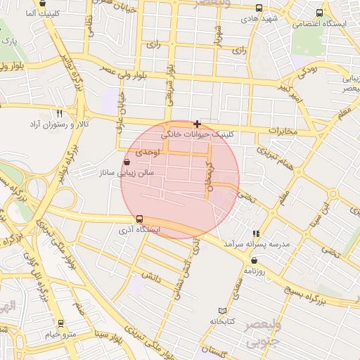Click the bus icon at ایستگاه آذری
tap(139, 219)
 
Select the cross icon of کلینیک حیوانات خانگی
tap(197, 124)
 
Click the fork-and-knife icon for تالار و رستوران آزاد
tap(60, 113)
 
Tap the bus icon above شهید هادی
tap(259, 8)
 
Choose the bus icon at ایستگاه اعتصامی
tap(320, 13)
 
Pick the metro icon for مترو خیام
tap(61, 323)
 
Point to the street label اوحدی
tap(148, 152)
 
